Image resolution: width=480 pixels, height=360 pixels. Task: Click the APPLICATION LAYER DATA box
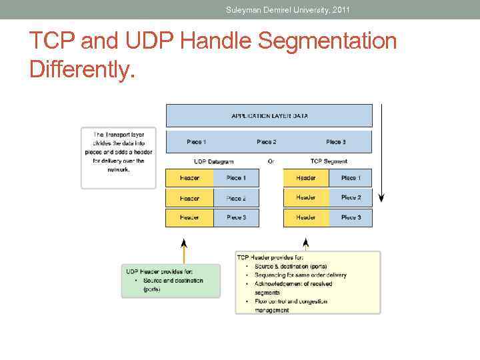[x=269, y=115]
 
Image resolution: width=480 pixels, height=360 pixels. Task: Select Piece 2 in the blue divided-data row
[x=266, y=142]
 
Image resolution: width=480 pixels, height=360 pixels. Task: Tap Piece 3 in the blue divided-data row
[x=335, y=142]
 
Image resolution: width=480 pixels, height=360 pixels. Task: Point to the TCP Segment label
[x=329, y=161]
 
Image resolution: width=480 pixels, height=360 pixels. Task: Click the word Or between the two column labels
[x=271, y=161]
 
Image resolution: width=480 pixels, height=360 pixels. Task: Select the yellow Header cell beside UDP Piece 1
[x=189, y=178]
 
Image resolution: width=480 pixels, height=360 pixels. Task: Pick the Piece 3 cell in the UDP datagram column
[x=236, y=218]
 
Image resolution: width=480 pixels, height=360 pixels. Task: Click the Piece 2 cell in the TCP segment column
[x=351, y=198]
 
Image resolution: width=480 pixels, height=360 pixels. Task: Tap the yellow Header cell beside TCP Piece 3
[x=306, y=218]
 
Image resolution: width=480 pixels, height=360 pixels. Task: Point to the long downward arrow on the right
[x=381, y=153]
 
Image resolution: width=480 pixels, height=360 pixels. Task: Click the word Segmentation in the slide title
[x=327, y=42]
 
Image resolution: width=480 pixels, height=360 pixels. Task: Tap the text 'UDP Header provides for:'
[x=159, y=271]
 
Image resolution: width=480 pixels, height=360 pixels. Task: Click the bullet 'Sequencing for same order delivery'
[x=300, y=275]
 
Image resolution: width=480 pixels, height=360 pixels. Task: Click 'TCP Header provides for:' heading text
[x=271, y=257]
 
